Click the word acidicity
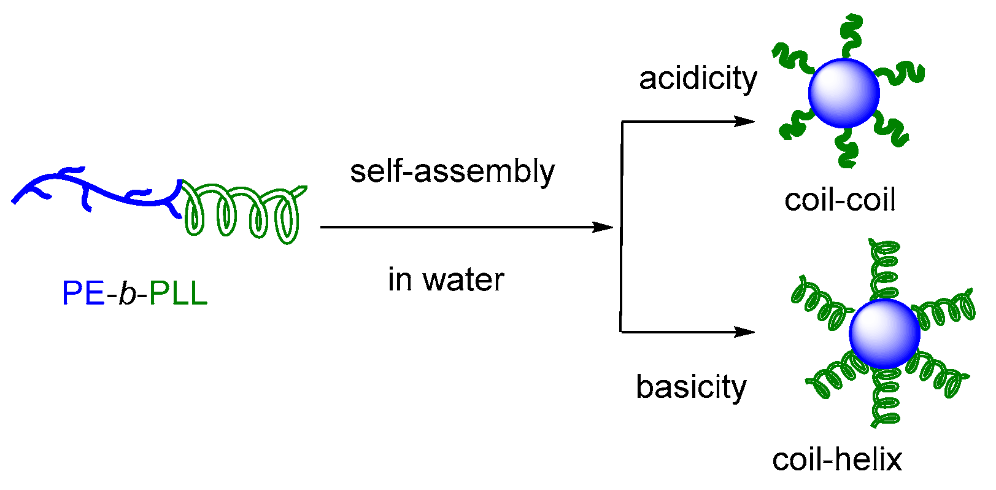(x=698, y=79)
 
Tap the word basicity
(x=691, y=387)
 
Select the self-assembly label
(x=452, y=171)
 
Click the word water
(x=463, y=280)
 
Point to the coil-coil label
(x=840, y=200)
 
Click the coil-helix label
(x=837, y=459)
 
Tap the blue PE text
(x=83, y=294)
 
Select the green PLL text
(x=178, y=294)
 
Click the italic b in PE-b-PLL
(x=127, y=294)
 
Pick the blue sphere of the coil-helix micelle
(x=884, y=333)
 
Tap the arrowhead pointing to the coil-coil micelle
(x=746, y=122)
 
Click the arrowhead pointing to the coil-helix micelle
(x=746, y=332)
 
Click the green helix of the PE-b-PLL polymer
(x=242, y=212)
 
